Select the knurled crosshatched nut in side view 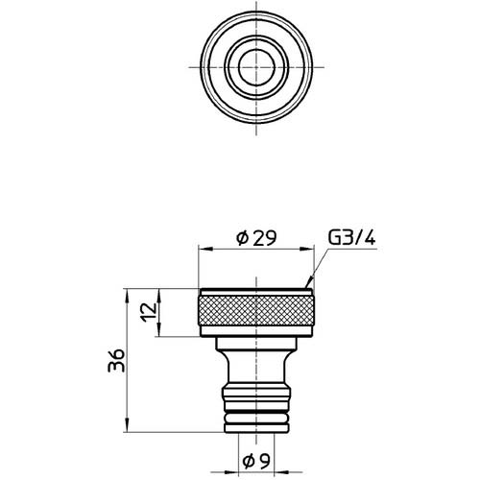click(257, 312)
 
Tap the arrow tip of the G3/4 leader click(305, 286)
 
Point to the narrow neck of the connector click(257, 369)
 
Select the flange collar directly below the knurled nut click(257, 344)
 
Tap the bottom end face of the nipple click(257, 437)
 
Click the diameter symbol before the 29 click(241, 236)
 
